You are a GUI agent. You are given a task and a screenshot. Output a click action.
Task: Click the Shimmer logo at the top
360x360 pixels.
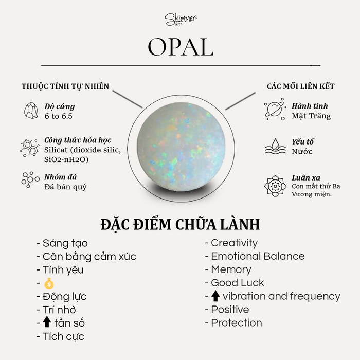[x=181, y=20]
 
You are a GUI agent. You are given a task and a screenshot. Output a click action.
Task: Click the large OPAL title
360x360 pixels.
[x=181, y=47]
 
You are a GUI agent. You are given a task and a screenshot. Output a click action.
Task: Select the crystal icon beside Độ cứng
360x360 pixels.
[x=31, y=111]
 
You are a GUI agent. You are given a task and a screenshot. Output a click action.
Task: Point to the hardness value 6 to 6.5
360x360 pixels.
[x=59, y=116]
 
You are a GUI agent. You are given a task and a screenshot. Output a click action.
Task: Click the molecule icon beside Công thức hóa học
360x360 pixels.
[x=29, y=148]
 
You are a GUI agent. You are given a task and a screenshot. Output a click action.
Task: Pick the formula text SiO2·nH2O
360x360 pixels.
[x=66, y=159]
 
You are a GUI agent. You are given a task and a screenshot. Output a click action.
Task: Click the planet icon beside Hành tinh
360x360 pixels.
[x=275, y=109]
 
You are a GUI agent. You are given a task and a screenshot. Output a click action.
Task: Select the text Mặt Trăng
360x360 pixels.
[x=311, y=116]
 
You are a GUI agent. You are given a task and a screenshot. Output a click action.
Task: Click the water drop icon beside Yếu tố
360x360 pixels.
[x=275, y=146]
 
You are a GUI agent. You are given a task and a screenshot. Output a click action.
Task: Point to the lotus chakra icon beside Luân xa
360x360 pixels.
[x=275, y=186]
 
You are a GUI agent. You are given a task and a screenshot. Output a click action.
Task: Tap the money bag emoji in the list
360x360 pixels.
[x=49, y=283]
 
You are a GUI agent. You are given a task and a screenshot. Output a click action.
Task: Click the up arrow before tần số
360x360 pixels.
[x=47, y=321]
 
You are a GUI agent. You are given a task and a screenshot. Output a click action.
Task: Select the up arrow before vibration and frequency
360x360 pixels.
[x=215, y=296]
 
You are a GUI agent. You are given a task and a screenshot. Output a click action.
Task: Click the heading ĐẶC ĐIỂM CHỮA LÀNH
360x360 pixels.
[x=180, y=224]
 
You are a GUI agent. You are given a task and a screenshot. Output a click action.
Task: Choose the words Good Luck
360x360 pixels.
[x=238, y=283]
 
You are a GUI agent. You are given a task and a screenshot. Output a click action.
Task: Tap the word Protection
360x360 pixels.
[x=237, y=323]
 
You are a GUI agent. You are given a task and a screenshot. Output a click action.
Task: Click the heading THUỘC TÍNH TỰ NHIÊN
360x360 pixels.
[x=65, y=86]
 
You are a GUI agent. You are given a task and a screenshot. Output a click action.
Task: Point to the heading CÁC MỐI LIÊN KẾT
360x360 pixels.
[x=300, y=86]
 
